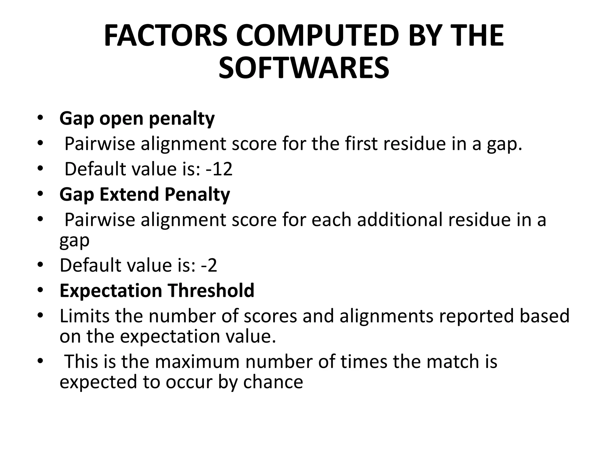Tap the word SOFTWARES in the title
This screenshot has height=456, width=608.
[x=304, y=68]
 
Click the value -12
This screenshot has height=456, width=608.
[x=219, y=169]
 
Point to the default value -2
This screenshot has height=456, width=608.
[x=209, y=265]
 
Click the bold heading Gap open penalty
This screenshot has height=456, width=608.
[x=137, y=119]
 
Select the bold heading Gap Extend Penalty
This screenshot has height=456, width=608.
[x=145, y=194]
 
